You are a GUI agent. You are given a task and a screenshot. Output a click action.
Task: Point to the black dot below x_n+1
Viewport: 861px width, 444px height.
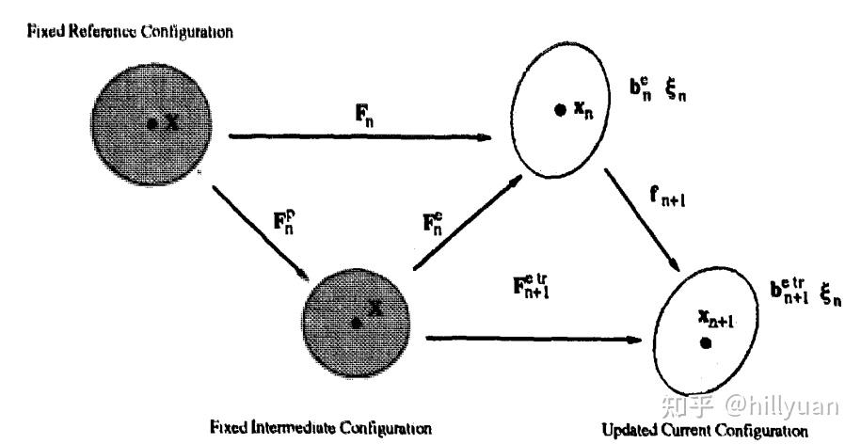[705, 344]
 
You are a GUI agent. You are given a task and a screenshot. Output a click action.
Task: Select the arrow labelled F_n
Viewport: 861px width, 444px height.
[362, 137]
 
